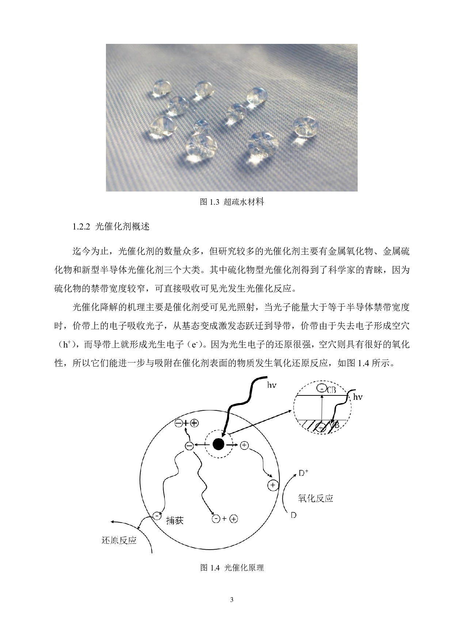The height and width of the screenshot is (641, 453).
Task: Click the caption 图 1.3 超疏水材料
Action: tap(232, 202)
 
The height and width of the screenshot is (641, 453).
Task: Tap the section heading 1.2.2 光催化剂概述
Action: tap(111, 227)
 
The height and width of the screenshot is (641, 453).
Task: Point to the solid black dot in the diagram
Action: tap(218, 444)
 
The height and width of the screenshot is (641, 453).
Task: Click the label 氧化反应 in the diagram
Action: tap(316, 498)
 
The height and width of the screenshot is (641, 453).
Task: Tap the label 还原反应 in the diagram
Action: tap(119, 540)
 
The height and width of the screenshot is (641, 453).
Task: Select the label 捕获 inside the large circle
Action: tap(175, 520)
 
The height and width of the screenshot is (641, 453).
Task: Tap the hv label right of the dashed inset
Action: tap(358, 397)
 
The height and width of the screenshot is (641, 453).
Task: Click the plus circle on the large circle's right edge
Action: tap(273, 485)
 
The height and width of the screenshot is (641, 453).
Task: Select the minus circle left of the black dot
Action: tap(189, 446)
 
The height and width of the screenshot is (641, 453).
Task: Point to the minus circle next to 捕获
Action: tap(156, 516)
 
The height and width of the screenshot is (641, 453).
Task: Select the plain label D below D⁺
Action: tap(293, 515)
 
